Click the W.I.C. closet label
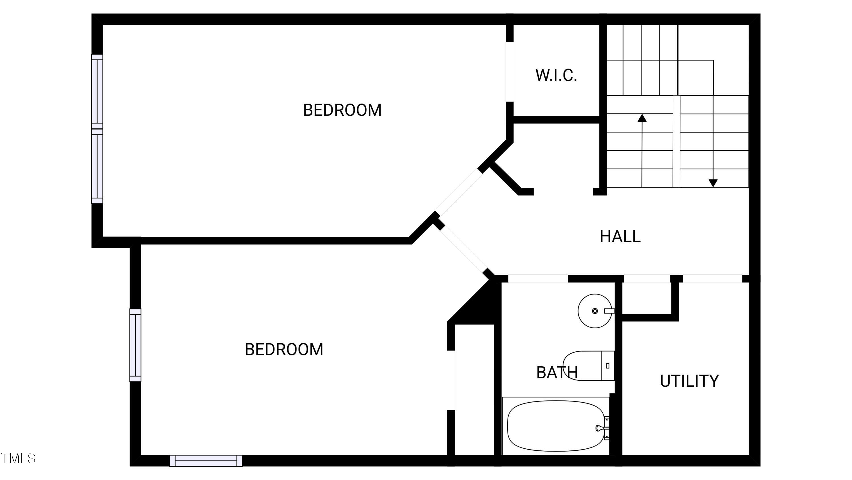[x=556, y=75]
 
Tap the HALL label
[x=620, y=236]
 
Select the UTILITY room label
[x=689, y=381]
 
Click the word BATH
[x=557, y=373]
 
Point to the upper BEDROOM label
[x=342, y=110]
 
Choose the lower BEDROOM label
[x=284, y=349]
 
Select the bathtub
[x=556, y=426]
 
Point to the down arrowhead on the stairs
[x=713, y=183]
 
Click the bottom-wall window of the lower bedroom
[x=206, y=461]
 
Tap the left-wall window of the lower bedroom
[x=135, y=345]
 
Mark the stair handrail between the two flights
[x=676, y=141]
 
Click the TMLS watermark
[x=18, y=458]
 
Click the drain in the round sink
[x=595, y=311]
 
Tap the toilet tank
[x=607, y=366]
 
